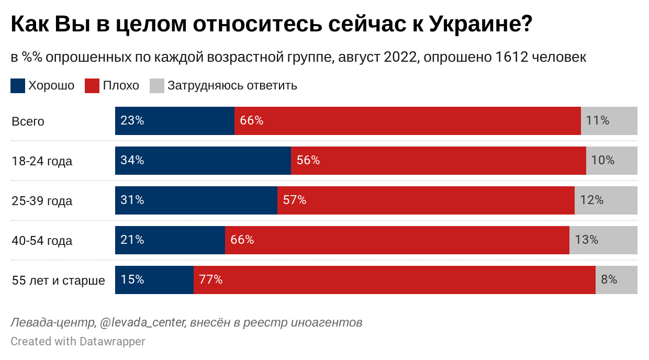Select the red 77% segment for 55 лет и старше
tap(394, 280)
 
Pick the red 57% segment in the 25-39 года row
tap(426, 200)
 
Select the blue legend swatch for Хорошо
tap(18, 86)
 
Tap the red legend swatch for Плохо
tap(92, 86)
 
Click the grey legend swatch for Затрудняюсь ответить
tap(157, 86)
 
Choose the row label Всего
tap(28, 121)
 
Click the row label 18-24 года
tap(42, 161)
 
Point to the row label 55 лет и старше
tap(58, 280)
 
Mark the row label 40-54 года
tap(42, 241)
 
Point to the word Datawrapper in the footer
tap(112, 342)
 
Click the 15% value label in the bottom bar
tap(132, 280)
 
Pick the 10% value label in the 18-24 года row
tap(602, 161)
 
